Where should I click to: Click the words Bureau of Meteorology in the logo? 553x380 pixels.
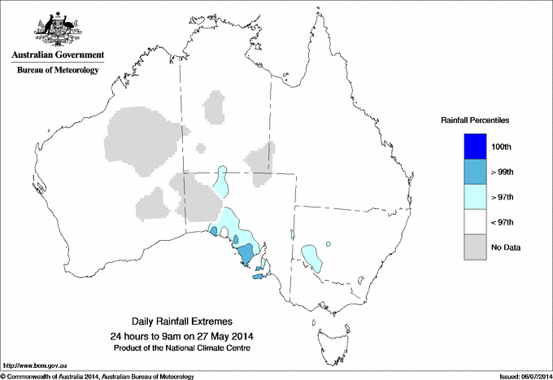(x=57, y=71)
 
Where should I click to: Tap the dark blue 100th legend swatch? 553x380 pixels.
(x=474, y=146)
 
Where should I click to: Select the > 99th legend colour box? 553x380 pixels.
(x=474, y=172)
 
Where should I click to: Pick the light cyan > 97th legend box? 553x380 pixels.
(x=474, y=197)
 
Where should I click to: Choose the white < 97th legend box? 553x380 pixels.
(x=474, y=222)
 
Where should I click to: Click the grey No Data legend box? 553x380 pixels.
(x=474, y=247)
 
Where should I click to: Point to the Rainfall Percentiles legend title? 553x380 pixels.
(x=475, y=120)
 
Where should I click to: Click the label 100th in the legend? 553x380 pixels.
(x=501, y=147)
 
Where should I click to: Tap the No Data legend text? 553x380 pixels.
(x=505, y=247)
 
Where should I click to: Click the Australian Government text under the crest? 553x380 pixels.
(x=57, y=55)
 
